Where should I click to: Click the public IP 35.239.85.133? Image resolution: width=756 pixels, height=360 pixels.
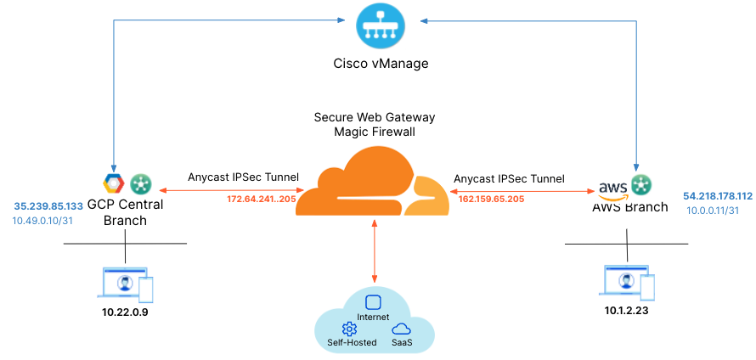tap(48, 205)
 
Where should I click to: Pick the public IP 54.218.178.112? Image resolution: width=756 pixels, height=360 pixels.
tap(717, 195)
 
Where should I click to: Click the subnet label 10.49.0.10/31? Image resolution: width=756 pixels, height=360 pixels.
tap(42, 221)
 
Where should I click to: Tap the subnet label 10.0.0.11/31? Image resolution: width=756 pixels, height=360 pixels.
tap(713, 211)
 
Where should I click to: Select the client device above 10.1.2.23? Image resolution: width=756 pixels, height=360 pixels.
tap(628, 283)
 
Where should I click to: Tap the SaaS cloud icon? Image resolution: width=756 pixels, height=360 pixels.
tap(401, 329)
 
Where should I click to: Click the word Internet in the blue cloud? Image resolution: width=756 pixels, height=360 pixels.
tap(373, 317)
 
